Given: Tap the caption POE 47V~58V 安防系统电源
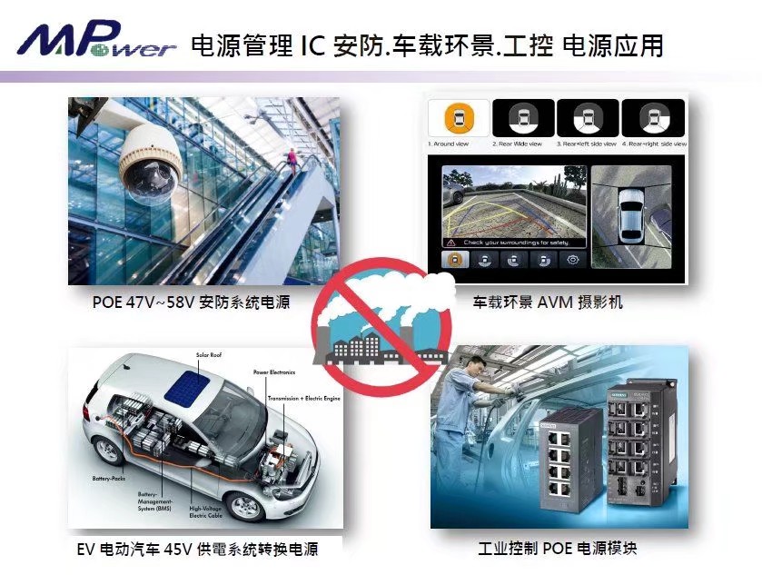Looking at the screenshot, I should (191, 302).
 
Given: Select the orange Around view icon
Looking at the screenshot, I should (458, 119).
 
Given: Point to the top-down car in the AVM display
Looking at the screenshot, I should (633, 213).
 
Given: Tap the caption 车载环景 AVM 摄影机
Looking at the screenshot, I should (548, 302).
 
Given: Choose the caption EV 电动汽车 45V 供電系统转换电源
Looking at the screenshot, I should (197, 550).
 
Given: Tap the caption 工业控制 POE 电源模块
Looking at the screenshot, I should (558, 550).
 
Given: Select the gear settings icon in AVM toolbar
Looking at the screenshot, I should (573, 259).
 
